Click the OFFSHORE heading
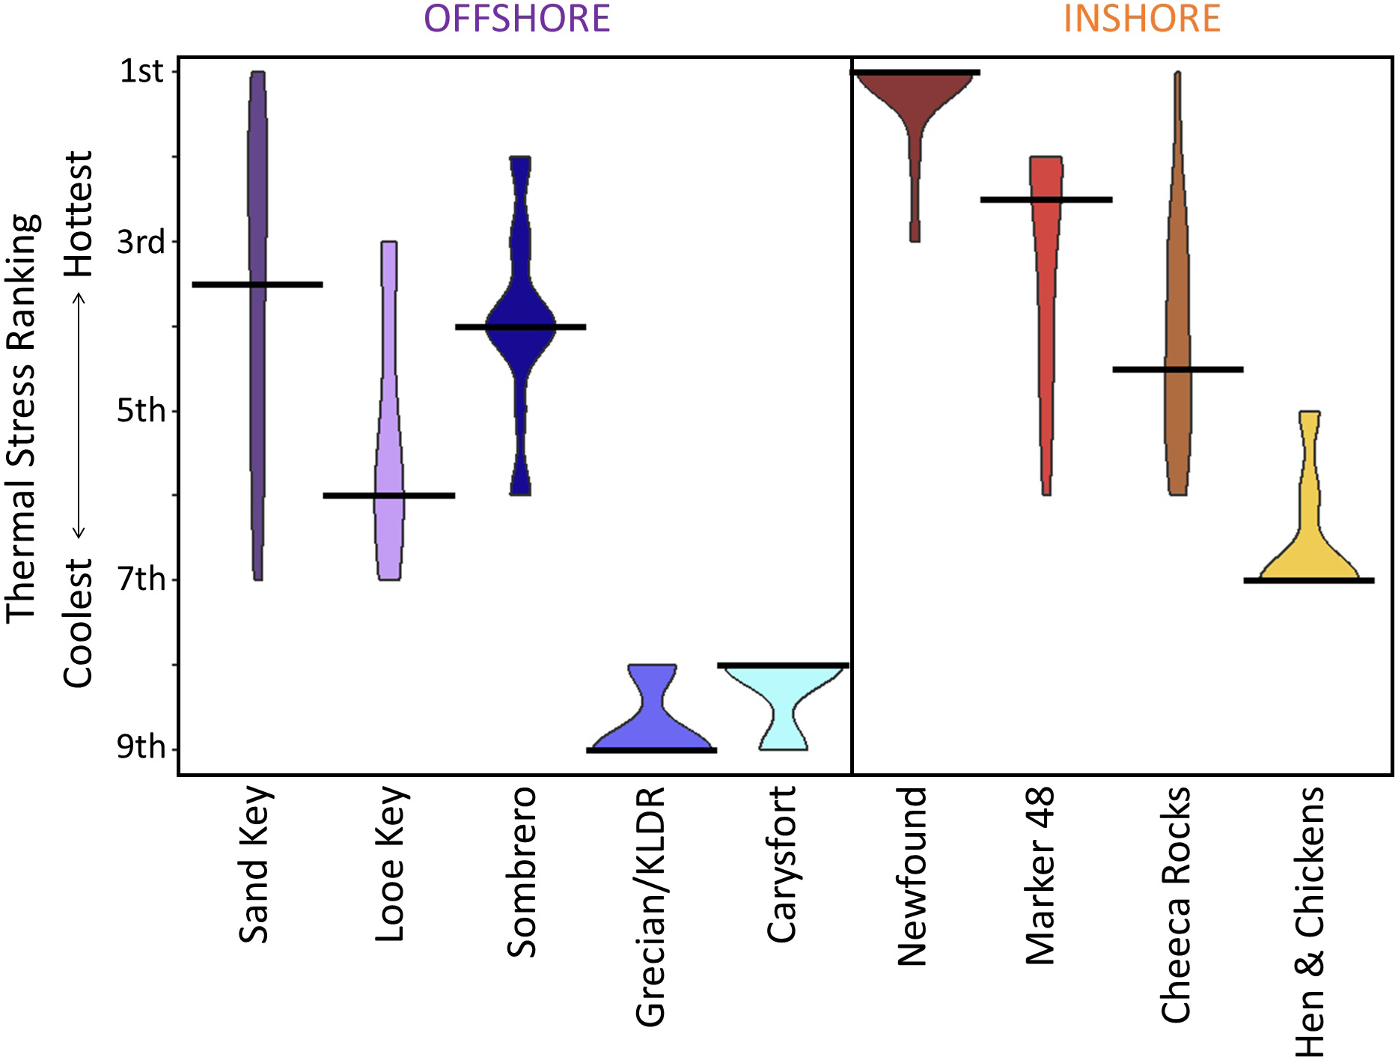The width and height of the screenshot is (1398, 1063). [x=516, y=18]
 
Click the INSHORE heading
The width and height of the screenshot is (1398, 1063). [x=1141, y=18]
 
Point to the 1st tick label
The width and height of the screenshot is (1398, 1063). [x=141, y=71]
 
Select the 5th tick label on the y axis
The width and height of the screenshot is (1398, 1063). [x=140, y=410]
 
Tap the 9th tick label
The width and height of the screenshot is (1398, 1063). [x=140, y=747]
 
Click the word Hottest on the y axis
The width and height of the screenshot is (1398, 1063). [x=79, y=213]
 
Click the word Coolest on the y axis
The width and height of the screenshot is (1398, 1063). [x=79, y=623]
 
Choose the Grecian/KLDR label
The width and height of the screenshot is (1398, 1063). [x=650, y=906]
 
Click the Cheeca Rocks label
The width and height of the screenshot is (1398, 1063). [x=1176, y=904]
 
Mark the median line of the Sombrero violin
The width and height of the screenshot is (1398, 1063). [x=520, y=326]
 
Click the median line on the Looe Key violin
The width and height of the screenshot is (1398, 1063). [x=388, y=495]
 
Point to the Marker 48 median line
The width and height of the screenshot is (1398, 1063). [x=1046, y=199]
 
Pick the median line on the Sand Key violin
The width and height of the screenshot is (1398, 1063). [x=257, y=284]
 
